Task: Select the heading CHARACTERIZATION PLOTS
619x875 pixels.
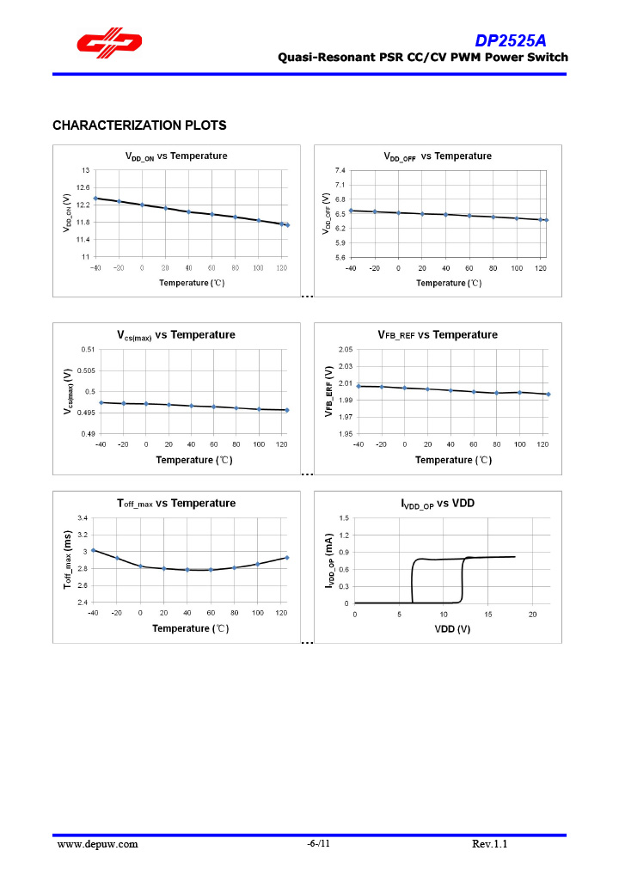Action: tap(139, 125)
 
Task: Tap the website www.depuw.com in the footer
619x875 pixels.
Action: tap(97, 844)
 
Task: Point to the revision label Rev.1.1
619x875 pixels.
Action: tap(490, 844)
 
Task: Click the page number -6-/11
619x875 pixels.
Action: tap(318, 844)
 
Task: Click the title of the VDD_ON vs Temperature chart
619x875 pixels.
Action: tap(176, 156)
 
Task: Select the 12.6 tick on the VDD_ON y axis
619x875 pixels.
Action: tap(83, 187)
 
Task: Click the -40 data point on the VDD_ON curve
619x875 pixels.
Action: tap(95, 199)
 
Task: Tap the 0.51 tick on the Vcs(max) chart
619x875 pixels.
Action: tap(88, 349)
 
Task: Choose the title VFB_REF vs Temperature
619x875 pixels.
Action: tap(437, 334)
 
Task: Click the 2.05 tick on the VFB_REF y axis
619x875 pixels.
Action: tap(345, 349)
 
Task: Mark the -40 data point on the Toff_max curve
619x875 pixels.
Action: tap(94, 550)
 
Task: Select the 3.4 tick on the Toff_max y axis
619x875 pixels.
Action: tap(83, 518)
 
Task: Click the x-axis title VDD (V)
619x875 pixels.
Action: tap(450, 628)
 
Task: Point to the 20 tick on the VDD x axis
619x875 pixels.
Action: tap(532, 614)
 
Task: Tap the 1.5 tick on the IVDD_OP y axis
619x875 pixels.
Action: tap(344, 518)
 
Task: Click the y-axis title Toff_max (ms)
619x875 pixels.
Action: tap(67, 560)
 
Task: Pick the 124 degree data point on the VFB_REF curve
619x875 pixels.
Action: tap(548, 395)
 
